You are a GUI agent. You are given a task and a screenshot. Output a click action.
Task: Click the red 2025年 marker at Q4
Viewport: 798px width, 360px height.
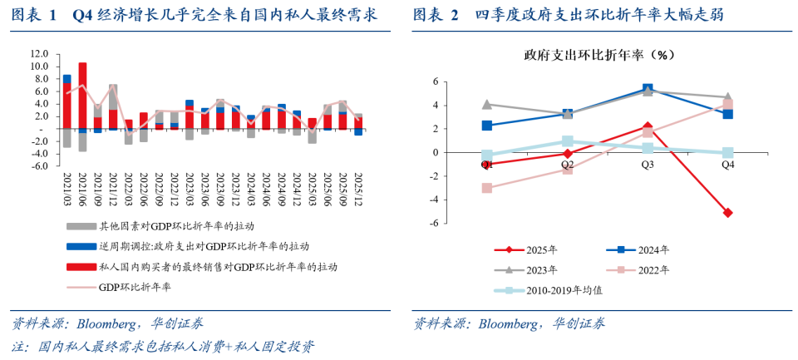coord(727,213)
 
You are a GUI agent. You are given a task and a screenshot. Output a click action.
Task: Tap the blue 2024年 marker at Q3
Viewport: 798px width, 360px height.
coord(648,89)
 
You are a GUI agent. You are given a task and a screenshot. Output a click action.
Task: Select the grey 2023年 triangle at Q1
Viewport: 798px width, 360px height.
coord(487,105)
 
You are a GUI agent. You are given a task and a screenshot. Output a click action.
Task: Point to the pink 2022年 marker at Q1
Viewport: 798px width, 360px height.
coord(487,188)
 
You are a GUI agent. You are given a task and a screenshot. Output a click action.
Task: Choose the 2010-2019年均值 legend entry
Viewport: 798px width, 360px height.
coord(553,290)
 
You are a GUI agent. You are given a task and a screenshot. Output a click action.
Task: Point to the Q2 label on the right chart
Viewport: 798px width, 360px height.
coord(567,165)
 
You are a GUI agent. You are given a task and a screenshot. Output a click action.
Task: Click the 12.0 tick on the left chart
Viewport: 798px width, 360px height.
coord(38,53)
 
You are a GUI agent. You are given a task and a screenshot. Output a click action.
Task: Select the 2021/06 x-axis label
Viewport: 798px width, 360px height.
coord(82,189)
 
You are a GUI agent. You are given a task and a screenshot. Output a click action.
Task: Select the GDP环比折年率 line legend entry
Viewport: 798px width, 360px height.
coord(133,288)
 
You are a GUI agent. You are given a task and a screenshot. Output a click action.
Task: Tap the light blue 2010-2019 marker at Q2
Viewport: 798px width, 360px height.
coord(567,141)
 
